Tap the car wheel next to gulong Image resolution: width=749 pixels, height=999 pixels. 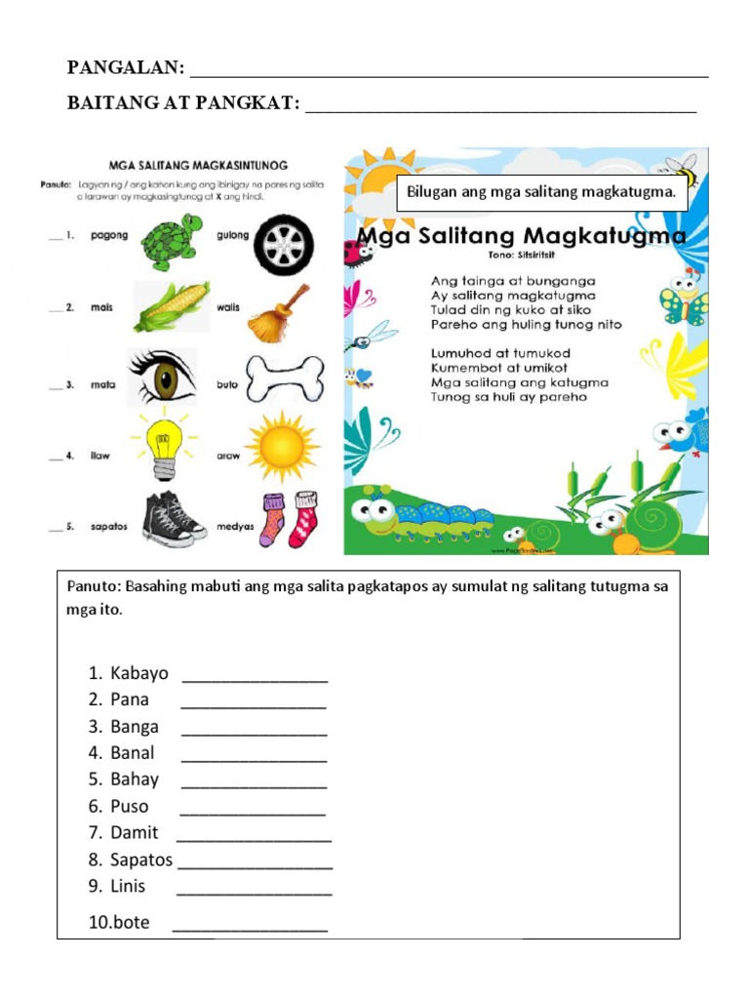coord(283,246)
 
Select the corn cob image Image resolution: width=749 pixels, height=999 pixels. coord(171,307)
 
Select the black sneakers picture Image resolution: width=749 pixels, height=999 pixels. coord(173,518)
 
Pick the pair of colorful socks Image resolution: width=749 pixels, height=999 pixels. coord(290,519)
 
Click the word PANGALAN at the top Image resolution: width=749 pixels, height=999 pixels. coord(125,67)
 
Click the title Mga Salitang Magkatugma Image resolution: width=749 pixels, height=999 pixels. coord(521,236)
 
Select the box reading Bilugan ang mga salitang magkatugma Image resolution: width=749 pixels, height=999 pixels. coord(539,193)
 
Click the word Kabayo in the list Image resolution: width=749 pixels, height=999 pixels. coord(139,673)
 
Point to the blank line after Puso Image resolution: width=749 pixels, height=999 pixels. coord(253,807)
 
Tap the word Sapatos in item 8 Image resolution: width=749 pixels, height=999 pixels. coord(141,859)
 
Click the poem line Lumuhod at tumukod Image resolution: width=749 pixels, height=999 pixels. coord(500,352)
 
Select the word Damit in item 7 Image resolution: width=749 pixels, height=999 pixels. coord(135,833)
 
